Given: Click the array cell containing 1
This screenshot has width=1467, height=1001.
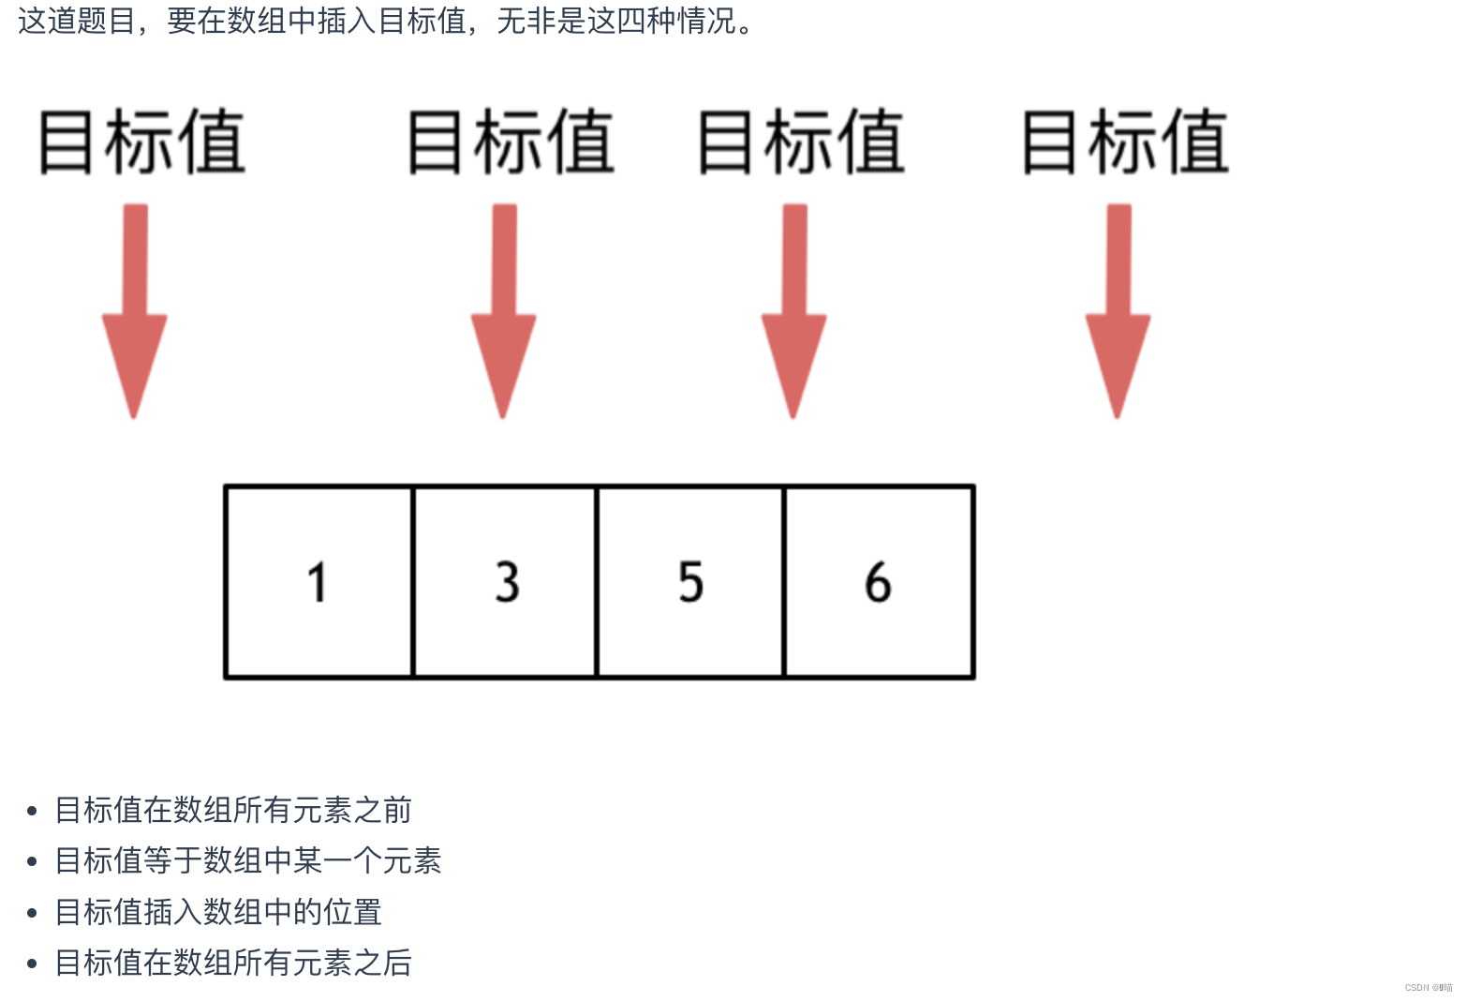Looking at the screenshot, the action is (x=319, y=581).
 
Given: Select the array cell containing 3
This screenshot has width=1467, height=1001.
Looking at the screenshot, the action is (x=505, y=581).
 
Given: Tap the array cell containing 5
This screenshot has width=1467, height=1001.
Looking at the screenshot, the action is (x=690, y=581).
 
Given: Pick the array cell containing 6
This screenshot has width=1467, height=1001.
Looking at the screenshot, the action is (x=879, y=581).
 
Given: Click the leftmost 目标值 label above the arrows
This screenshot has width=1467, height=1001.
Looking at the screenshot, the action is (x=141, y=142).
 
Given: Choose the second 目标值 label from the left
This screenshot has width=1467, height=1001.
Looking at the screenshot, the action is (x=511, y=142).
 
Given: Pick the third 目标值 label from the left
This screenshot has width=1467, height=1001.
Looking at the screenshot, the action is (x=801, y=142).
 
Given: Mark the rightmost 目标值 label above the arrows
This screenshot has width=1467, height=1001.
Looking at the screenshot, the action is (x=1124, y=142).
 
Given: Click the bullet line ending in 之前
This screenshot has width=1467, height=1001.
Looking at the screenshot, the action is (x=233, y=810).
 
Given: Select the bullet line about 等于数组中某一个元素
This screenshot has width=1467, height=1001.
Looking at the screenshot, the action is (x=248, y=860).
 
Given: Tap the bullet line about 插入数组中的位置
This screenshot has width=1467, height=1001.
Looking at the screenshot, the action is (x=218, y=912).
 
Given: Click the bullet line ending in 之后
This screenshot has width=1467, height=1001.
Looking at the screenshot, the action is (x=233, y=963).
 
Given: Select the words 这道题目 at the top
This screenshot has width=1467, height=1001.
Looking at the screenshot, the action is (x=77, y=21).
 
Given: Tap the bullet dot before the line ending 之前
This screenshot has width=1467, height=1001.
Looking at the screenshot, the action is (x=33, y=811).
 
